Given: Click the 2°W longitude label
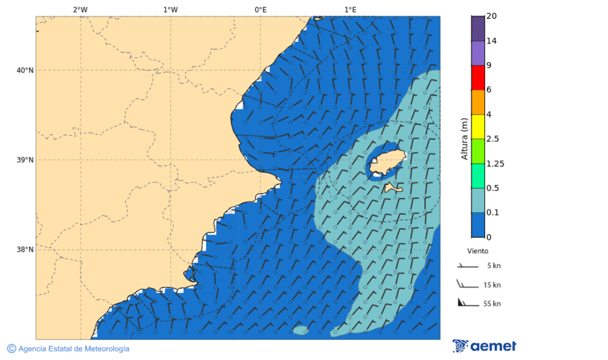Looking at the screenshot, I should [80, 9].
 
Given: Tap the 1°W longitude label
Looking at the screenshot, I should [170, 9].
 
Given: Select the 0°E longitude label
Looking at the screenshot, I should [260, 9].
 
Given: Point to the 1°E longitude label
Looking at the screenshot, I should [350, 9].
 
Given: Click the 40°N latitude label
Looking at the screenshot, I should [25, 70].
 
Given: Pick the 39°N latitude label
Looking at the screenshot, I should [25, 160].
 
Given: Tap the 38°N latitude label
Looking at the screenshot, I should [25, 250].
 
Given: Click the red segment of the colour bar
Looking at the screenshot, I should [478, 78].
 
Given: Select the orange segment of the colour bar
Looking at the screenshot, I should [478, 102].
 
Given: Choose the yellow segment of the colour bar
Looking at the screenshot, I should [478, 126].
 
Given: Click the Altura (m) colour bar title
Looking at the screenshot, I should [464, 138].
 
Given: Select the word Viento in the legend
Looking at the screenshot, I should [478, 251].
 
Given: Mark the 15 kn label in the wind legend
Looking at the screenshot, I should [492, 285].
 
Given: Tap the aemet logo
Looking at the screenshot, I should [484, 346].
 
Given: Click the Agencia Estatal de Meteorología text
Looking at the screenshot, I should [73, 349].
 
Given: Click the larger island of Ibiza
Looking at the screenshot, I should [386, 162].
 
